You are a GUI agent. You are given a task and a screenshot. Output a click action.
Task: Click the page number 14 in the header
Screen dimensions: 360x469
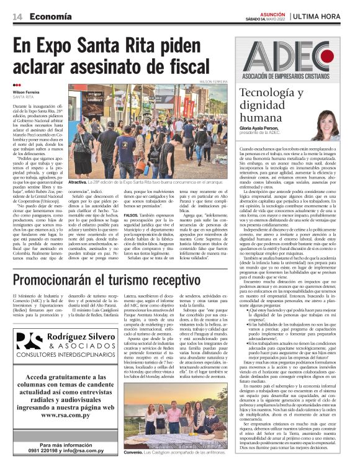tap(17, 16)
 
